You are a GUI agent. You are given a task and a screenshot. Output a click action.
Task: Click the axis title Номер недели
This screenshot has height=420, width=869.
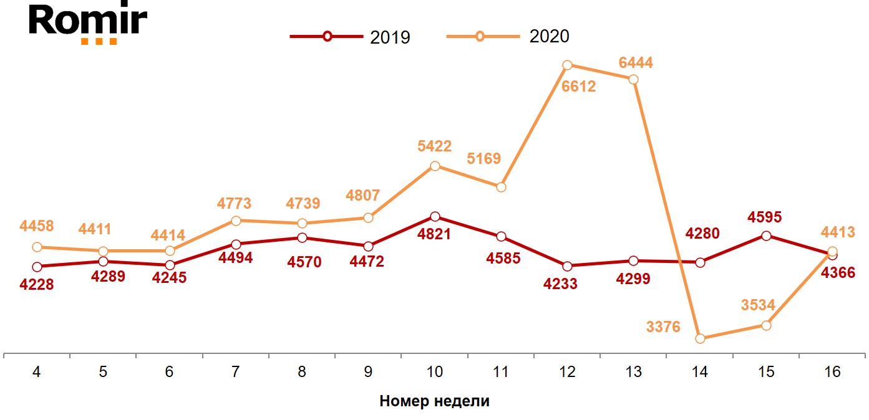click(434, 401)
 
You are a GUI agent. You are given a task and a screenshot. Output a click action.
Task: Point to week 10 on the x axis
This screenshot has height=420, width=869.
click(434, 372)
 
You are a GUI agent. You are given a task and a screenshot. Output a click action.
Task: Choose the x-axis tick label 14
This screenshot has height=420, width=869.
click(700, 372)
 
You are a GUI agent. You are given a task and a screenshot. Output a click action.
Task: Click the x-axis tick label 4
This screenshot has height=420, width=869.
click(37, 372)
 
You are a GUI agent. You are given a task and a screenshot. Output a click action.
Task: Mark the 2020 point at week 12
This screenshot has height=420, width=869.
click(567, 65)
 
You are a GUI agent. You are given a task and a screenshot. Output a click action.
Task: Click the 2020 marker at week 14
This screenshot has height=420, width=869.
click(700, 338)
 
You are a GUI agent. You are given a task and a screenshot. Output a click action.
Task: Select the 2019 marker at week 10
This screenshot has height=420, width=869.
click(435, 216)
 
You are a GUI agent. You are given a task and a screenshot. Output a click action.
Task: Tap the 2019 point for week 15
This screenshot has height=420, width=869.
click(766, 236)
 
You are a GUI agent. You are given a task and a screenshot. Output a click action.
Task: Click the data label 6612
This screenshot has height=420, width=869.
click(578, 87)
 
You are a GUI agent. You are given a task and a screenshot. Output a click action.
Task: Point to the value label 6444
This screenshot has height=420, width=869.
click(636, 63)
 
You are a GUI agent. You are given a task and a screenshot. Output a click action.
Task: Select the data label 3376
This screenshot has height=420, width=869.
click(664, 327)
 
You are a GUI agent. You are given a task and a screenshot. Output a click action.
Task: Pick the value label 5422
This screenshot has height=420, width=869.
click(435, 147)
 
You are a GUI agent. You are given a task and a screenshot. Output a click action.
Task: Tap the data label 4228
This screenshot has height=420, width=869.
click(37, 285)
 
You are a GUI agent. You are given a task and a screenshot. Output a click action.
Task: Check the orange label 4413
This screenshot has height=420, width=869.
click(838, 232)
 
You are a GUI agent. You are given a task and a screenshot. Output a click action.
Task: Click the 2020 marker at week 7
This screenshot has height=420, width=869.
click(236, 221)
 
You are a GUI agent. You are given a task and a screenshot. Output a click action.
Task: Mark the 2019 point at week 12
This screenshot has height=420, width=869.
click(567, 266)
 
